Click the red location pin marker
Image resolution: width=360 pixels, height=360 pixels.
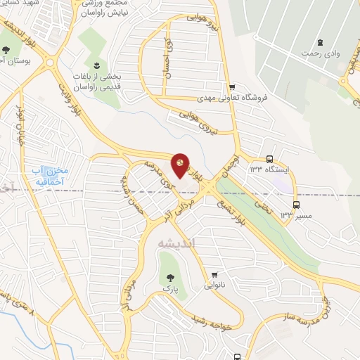pyautogui.click(x=181, y=166)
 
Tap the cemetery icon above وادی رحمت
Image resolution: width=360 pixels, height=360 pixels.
pyautogui.click(x=320, y=43)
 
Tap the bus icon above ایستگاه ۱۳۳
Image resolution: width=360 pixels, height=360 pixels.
pyautogui.click(x=271, y=159)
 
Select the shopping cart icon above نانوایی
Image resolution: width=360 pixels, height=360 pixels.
pyautogui.click(x=214, y=274)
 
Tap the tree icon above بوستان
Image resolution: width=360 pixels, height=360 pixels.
pyautogui.click(x=6, y=49)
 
